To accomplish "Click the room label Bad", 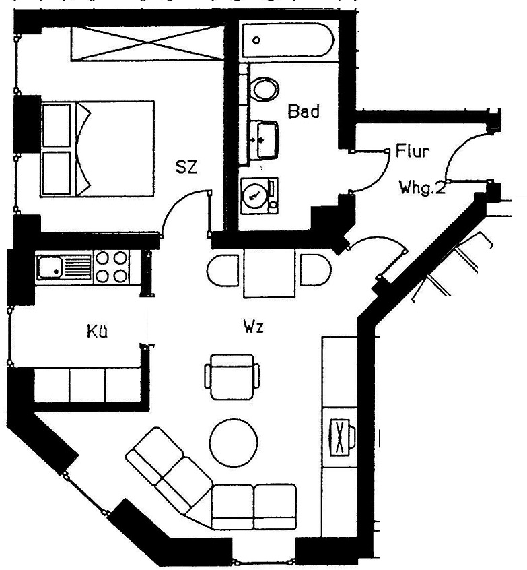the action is (304, 111).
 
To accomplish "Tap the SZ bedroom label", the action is (186, 166).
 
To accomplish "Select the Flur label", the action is (412, 151).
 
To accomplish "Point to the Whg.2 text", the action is (422, 188).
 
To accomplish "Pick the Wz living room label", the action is (254, 327).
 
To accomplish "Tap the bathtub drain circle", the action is (256, 40).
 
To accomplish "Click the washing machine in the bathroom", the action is (259, 196).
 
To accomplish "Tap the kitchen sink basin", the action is (50, 267).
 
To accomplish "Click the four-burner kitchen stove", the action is (112, 267).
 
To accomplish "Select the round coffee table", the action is (234, 443).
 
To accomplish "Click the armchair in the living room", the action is (232, 377).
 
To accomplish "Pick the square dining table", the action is (269, 273).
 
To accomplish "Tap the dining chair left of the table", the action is (223, 270).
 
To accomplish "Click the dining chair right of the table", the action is (316, 270).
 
